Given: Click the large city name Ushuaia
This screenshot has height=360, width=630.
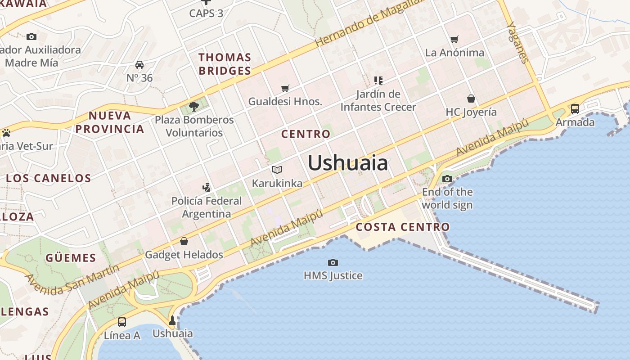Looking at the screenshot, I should coord(347,163).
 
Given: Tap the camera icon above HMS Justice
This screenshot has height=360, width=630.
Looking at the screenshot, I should coord(333,262).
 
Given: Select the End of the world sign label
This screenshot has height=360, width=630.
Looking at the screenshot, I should coord(447,198).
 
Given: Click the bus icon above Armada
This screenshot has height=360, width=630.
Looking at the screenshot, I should coord(575,108).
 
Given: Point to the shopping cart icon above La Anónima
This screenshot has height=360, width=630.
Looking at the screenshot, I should coord(454,40).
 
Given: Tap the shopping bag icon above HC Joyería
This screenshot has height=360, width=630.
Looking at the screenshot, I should coord(471,98).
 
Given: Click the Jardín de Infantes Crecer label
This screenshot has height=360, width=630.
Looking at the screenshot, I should coord(378,100).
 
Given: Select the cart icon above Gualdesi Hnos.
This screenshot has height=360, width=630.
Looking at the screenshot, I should coord(285,88).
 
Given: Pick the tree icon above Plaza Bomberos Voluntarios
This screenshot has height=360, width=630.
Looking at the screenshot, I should coord(194,107).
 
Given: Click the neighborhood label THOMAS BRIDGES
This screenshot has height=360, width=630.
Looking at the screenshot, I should coord(225,64).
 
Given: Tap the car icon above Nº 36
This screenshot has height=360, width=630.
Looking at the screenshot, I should coord(139,65).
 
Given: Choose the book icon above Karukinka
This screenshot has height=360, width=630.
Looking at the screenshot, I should coord(277,170).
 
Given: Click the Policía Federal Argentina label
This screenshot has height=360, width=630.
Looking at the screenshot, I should coord(207,207).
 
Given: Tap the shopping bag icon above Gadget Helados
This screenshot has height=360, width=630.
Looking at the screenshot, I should coord(184,242).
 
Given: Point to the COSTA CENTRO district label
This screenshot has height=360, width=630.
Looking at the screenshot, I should coord(403,227).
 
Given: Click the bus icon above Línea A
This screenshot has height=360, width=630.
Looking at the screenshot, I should coord(122,322).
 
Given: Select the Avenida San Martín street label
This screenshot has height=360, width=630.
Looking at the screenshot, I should coord(72,280).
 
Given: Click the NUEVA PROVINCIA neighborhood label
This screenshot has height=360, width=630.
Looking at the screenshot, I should coord(110,122).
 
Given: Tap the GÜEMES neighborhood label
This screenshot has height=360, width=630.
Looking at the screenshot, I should coord(71,258).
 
